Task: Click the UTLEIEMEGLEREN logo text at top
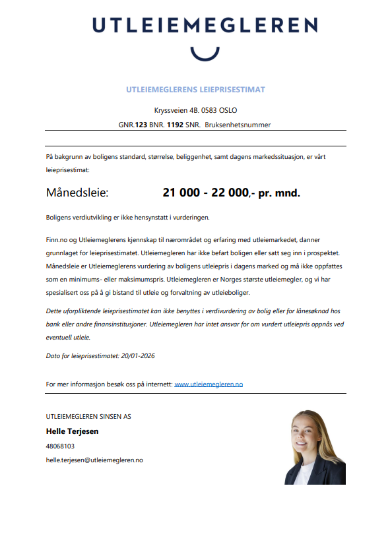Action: click(x=204, y=25)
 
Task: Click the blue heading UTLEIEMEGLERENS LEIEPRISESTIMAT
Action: click(x=195, y=89)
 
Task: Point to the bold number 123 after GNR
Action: click(x=141, y=124)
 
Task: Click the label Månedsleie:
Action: click(x=77, y=193)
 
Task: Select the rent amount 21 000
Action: click(x=180, y=193)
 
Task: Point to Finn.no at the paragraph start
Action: click(x=57, y=240)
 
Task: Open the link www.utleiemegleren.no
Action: click(x=209, y=383)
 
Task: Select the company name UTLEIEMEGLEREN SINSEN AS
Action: click(x=88, y=416)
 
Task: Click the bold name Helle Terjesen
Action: click(x=73, y=431)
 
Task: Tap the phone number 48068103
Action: click(x=60, y=446)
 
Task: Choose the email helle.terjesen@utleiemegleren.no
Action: click(x=94, y=460)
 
